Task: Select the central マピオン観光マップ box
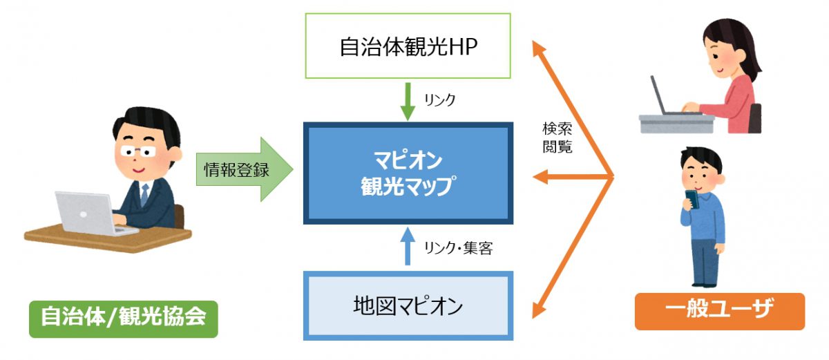click(x=408, y=174)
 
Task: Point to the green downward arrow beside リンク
click(x=408, y=101)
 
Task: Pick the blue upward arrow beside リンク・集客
click(x=408, y=247)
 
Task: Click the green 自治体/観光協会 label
click(x=123, y=317)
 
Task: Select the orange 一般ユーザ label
click(x=719, y=312)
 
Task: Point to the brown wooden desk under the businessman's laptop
click(x=104, y=238)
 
